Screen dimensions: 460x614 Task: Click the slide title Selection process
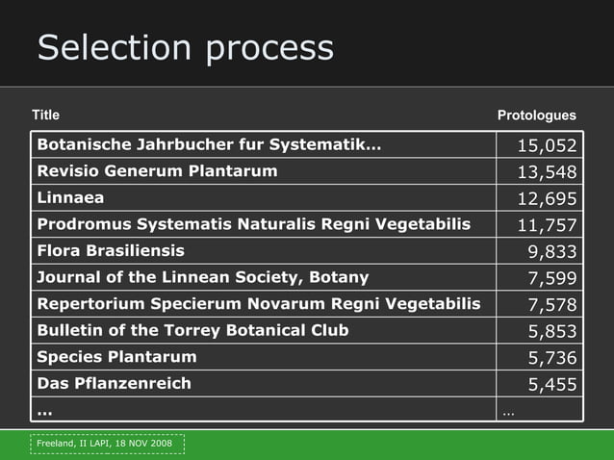click(x=185, y=48)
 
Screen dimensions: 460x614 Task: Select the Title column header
click(x=45, y=115)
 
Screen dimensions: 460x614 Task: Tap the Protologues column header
click(x=536, y=115)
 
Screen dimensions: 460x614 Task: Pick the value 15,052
click(x=547, y=146)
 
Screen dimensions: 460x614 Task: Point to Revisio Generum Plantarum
click(x=157, y=171)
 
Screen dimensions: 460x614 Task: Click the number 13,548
click(x=547, y=172)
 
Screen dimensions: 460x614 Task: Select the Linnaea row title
click(x=70, y=197)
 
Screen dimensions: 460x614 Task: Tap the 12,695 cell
click(x=547, y=199)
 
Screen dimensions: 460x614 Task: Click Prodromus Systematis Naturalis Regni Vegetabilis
click(x=253, y=224)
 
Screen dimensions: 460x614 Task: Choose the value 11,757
click(x=547, y=225)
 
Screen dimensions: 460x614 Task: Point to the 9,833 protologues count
click(x=551, y=252)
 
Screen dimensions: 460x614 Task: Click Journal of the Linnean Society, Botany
click(x=202, y=277)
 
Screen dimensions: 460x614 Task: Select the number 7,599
click(x=551, y=278)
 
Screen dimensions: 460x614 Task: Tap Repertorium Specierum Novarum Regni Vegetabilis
click(x=258, y=304)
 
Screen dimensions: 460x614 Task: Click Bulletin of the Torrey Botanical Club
click(x=192, y=330)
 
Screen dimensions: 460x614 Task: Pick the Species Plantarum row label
click(x=116, y=356)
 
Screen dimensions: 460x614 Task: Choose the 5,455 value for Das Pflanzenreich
click(x=551, y=384)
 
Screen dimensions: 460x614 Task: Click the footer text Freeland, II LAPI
click(x=107, y=444)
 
